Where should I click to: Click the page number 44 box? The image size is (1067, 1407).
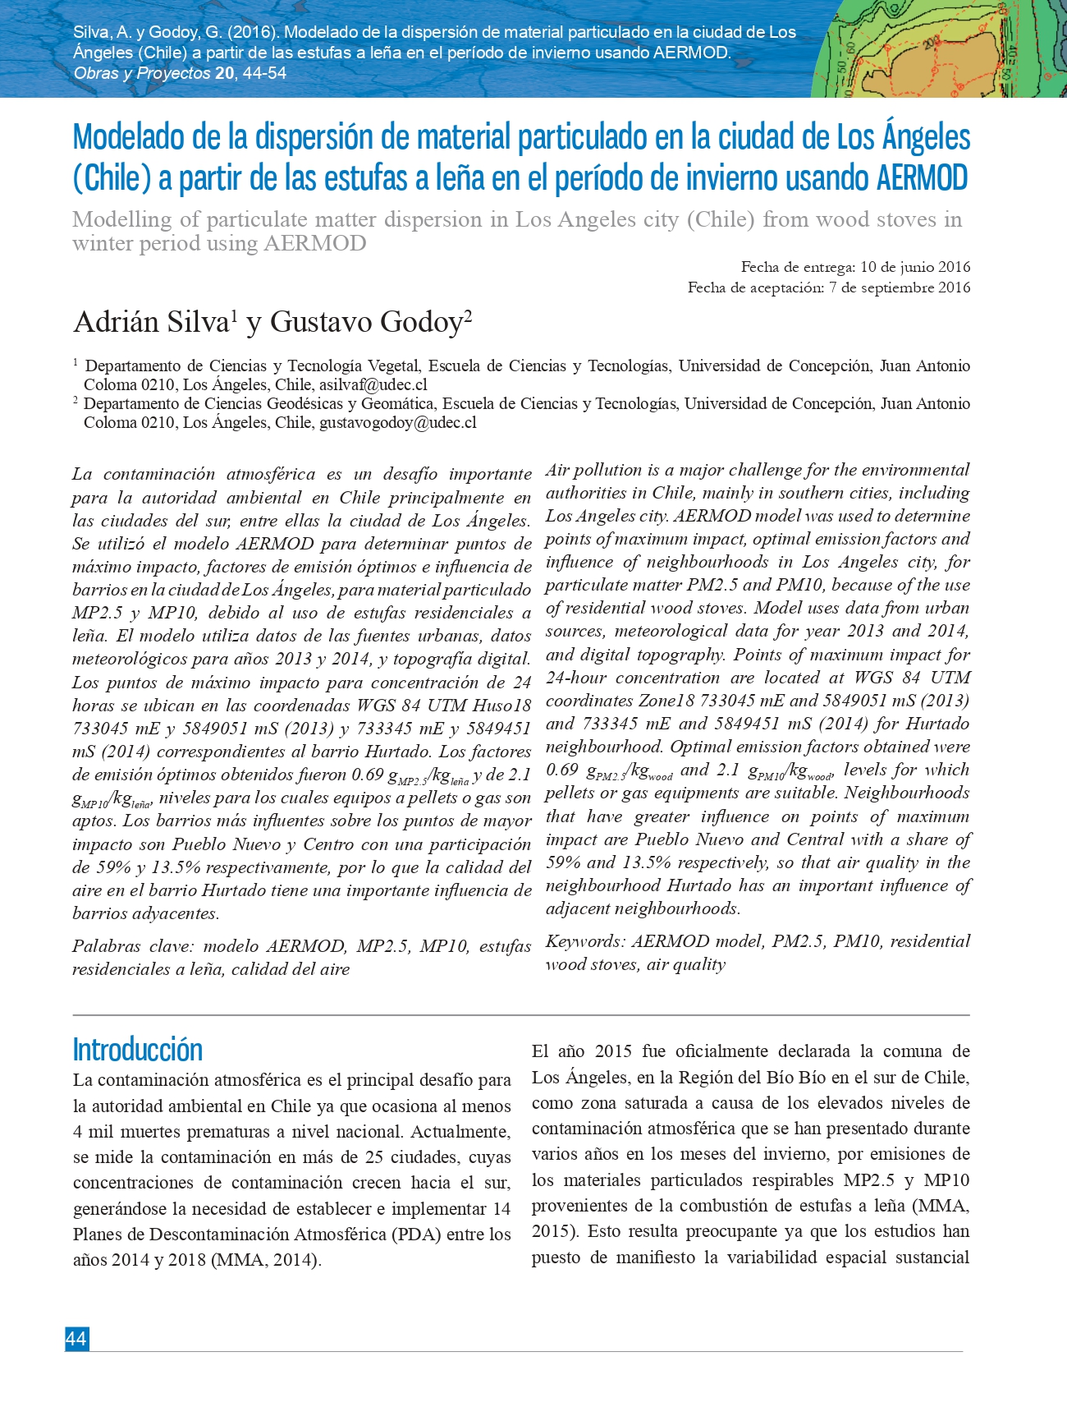click(76, 1339)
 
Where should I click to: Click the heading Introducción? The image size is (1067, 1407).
click(137, 1050)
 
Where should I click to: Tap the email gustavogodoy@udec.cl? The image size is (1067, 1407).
click(398, 422)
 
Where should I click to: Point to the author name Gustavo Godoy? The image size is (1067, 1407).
click(366, 322)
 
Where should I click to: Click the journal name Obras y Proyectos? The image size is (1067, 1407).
click(142, 73)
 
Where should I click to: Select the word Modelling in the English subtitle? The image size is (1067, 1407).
click(121, 220)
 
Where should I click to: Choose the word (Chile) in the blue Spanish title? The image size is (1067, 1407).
click(112, 177)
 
